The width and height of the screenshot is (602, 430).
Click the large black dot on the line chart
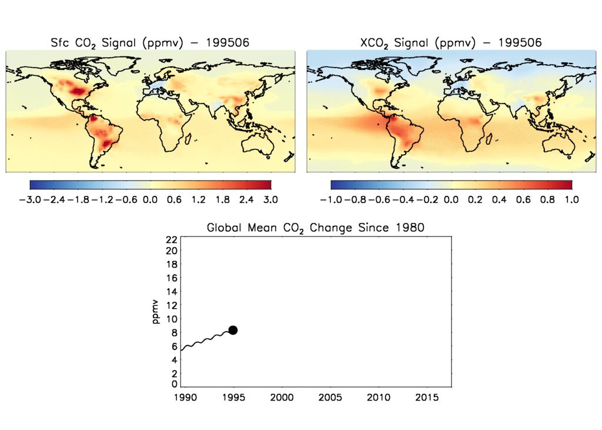(x=233, y=330)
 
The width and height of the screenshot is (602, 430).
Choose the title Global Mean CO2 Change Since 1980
(x=315, y=228)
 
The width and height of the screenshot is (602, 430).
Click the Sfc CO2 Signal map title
(x=150, y=43)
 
